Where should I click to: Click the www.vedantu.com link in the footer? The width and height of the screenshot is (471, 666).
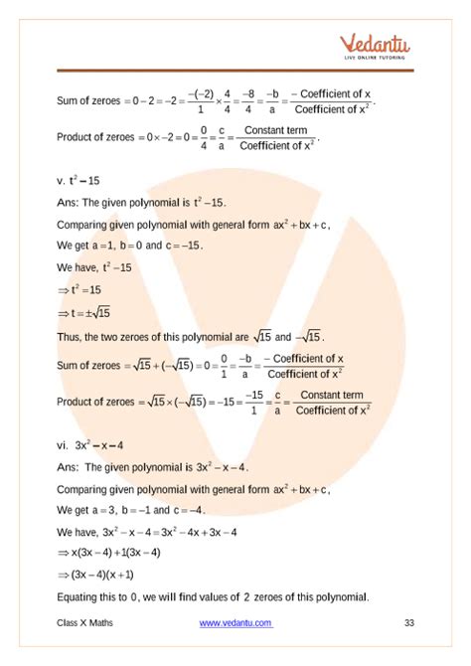[x=232, y=623]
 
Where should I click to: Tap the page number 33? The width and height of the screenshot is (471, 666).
[x=408, y=623]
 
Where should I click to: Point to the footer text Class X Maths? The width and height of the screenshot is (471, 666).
[x=88, y=623]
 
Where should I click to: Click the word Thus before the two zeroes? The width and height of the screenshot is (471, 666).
[x=70, y=336]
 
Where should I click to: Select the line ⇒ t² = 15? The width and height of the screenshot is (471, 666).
[x=89, y=290]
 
